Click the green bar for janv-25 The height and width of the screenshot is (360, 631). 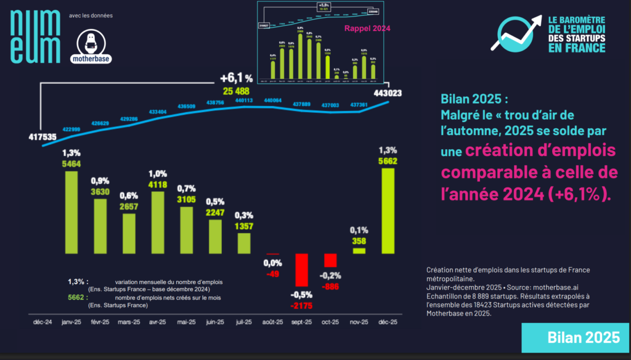point(71,211)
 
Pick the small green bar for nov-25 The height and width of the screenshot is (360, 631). point(359,250)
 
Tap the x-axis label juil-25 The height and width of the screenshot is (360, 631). point(243,322)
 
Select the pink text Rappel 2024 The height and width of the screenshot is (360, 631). point(367,28)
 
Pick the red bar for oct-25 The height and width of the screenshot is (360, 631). point(330,260)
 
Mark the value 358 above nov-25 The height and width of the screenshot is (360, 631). point(359,241)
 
